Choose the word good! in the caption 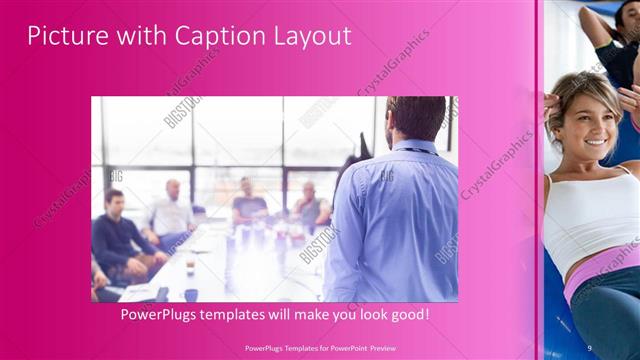pyautogui.click(x=409, y=314)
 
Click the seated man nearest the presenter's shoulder pyautogui.click(x=311, y=205)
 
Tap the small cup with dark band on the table pyautogui.click(x=190, y=294)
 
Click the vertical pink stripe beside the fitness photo pyautogui.click(x=540, y=180)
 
